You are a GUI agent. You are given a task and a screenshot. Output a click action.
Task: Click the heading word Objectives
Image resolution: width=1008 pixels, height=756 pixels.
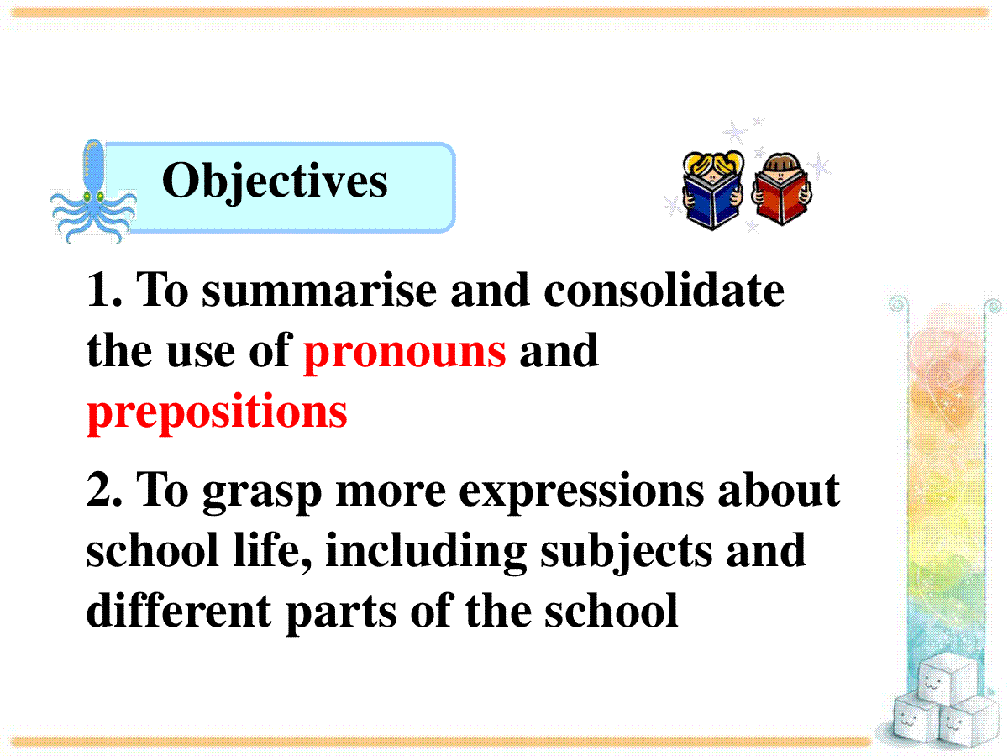coord(275,181)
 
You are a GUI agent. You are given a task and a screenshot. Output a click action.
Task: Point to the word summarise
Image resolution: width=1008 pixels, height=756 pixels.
coord(319,291)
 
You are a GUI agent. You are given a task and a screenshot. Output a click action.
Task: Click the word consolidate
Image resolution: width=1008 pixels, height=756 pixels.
coord(664,290)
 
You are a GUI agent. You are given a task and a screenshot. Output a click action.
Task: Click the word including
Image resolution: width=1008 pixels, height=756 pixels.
coord(426,552)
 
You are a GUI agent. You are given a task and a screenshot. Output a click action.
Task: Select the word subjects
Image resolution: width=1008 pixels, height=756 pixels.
coord(627,552)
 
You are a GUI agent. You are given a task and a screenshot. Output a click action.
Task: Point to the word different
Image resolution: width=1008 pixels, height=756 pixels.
coord(179,610)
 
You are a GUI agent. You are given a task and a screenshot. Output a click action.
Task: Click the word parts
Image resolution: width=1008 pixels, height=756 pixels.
coord(341,614)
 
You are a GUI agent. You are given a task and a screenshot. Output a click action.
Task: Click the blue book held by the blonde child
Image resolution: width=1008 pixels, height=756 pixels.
coord(711,202)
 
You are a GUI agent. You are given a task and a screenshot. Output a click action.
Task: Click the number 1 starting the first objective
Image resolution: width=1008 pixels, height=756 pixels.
coord(99,289)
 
